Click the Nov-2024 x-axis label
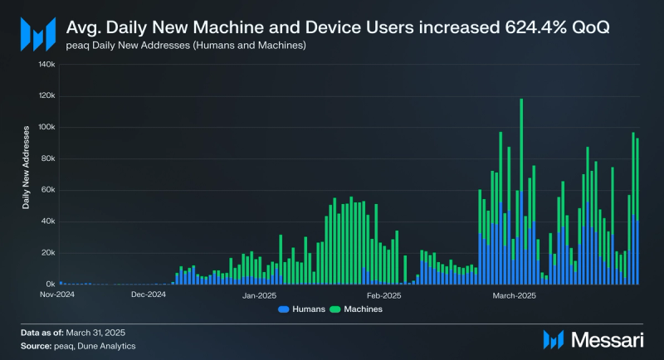[x=58, y=294]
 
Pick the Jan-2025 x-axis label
[x=260, y=294]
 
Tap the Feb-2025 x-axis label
[x=383, y=294]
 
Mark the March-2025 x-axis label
[x=515, y=294]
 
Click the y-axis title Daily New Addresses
[x=27, y=167]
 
